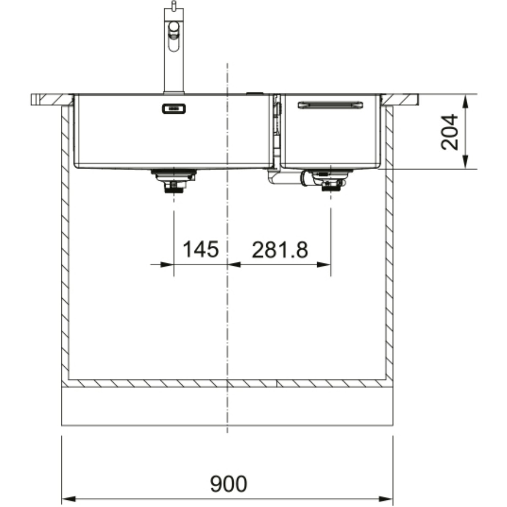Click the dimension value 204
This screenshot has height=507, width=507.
point(450,132)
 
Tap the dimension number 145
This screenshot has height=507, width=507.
point(201,249)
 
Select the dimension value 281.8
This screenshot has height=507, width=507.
point(279,250)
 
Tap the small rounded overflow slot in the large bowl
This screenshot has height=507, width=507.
point(174,109)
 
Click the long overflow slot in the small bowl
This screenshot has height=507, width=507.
point(330,105)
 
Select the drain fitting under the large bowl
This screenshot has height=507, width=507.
point(174,181)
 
